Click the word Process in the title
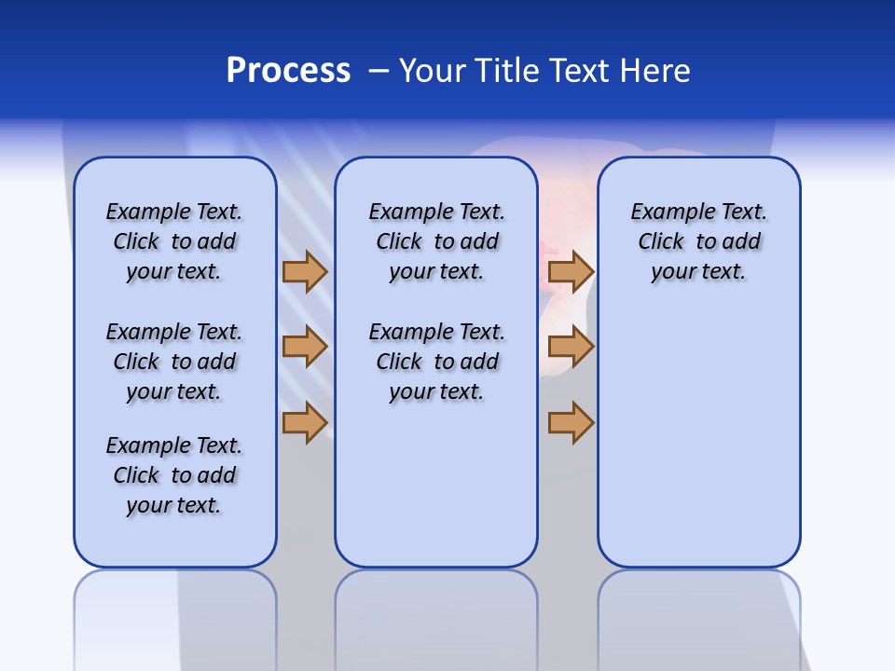[288, 71]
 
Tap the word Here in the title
[657, 71]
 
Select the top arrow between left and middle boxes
[305, 271]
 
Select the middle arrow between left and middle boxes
[305, 348]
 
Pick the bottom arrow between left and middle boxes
[305, 423]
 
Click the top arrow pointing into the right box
[571, 271]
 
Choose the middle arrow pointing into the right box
[571, 348]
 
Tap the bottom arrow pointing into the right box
[571, 423]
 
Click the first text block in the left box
[174, 241]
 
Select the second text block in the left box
[174, 362]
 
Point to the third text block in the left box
[174, 475]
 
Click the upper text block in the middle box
[436, 241]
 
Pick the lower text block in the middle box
[436, 362]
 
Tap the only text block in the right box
[698, 241]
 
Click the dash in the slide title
[379, 71]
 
